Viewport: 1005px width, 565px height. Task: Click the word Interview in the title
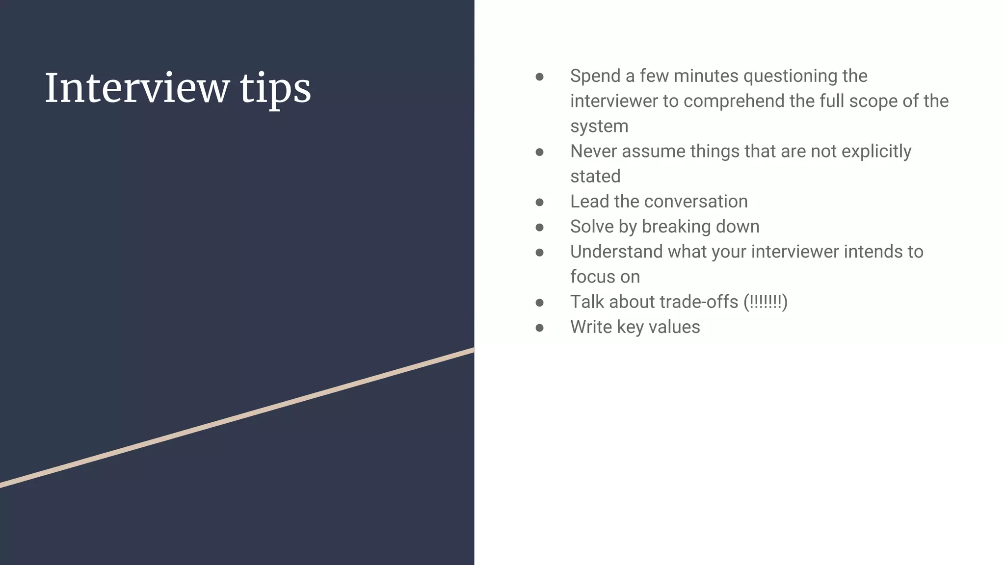(x=137, y=88)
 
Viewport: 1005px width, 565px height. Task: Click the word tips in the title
(x=275, y=89)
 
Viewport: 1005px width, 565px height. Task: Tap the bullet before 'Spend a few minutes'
(x=539, y=77)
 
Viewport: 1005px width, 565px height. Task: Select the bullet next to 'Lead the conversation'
(x=539, y=202)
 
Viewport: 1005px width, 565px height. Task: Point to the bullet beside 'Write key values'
(x=539, y=328)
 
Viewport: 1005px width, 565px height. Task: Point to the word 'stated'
(x=595, y=176)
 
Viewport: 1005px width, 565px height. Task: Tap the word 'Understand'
(x=616, y=252)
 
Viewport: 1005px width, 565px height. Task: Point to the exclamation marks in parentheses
(x=765, y=302)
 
